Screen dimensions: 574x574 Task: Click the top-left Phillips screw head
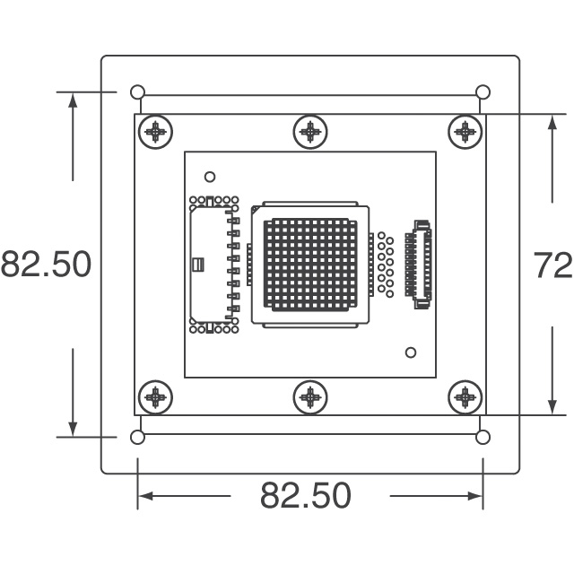click(155, 132)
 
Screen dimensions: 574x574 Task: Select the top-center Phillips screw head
click(310, 132)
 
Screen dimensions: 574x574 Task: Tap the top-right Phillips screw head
click(465, 132)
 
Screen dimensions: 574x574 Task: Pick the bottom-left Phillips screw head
click(155, 397)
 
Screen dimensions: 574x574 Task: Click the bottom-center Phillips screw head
click(310, 397)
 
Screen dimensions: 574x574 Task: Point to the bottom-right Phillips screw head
click(465, 397)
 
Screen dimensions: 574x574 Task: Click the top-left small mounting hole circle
click(137, 91)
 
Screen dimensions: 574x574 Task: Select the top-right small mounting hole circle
click(483, 91)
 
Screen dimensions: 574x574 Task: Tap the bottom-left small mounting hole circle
click(137, 437)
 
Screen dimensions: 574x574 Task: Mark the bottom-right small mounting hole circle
click(483, 437)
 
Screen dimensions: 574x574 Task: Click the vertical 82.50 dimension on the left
click(46, 264)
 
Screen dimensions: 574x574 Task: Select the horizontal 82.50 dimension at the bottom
click(306, 495)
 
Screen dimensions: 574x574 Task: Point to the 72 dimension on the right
click(552, 265)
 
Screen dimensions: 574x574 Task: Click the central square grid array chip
click(310, 265)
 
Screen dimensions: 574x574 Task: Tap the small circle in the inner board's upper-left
click(210, 178)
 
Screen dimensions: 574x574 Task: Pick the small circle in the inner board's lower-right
click(411, 352)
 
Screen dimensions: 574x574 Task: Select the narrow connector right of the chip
click(419, 265)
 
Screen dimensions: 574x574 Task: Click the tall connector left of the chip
click(214, 265)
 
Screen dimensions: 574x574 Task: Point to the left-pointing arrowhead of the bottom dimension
click(145, 496)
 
